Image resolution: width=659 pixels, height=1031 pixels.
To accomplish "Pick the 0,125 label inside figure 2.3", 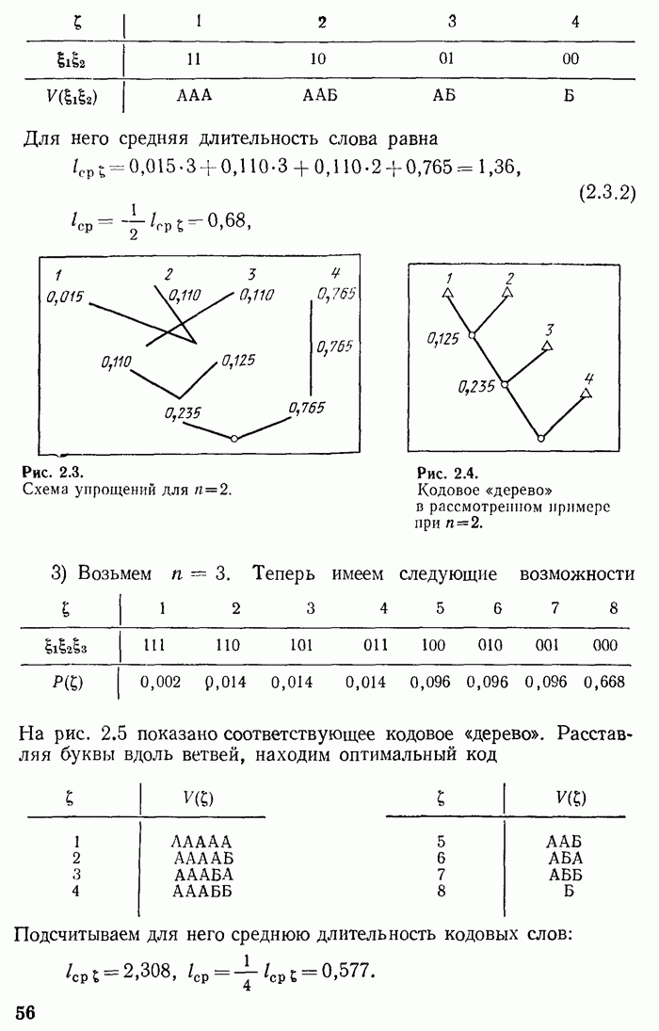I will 239,360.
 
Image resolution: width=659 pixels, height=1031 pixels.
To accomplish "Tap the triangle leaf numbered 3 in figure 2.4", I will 546,346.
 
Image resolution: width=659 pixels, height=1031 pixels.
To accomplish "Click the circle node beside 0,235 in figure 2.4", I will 506,384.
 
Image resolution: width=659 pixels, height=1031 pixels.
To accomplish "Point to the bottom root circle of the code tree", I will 540,438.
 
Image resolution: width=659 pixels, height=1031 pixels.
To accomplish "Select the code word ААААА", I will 201,841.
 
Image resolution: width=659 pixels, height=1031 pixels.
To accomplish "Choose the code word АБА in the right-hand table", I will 566,858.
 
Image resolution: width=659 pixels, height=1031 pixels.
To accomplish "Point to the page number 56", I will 25,1012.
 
